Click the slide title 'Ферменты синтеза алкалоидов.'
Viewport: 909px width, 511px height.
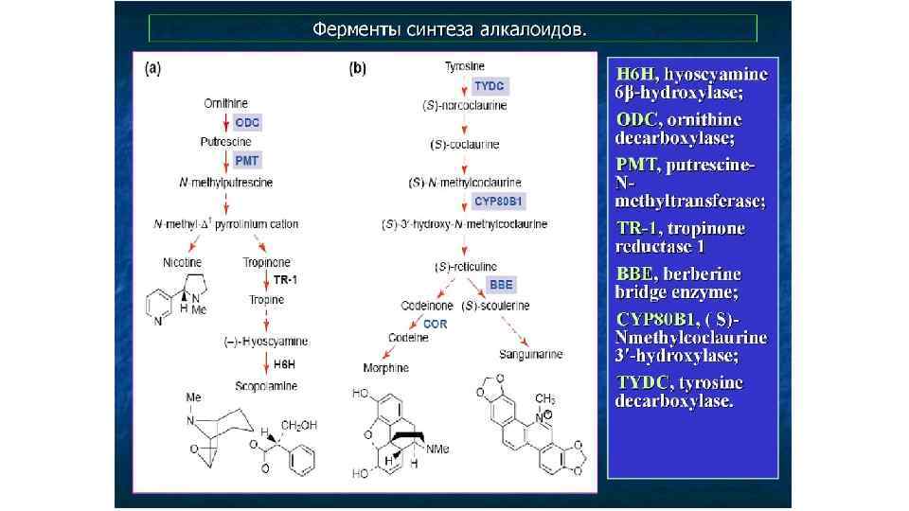450,28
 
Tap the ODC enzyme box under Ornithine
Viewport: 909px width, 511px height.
247,123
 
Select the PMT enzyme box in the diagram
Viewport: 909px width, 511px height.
247,161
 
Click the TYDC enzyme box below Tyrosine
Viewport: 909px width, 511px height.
490,86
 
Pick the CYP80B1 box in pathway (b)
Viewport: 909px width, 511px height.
499,202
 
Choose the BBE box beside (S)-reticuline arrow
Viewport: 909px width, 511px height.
500,284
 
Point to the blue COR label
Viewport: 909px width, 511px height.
436,324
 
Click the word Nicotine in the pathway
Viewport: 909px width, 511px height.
183,261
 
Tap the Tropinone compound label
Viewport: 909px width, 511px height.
267,261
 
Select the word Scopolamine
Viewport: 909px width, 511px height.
266,386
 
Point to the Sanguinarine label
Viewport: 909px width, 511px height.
531,354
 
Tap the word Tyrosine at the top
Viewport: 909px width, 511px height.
465,66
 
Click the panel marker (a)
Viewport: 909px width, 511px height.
152,68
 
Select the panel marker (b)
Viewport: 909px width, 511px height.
359,68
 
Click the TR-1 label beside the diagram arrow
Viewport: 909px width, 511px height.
285,280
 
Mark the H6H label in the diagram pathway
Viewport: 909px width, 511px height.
285,363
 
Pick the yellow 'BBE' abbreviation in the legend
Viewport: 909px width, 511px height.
634,273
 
